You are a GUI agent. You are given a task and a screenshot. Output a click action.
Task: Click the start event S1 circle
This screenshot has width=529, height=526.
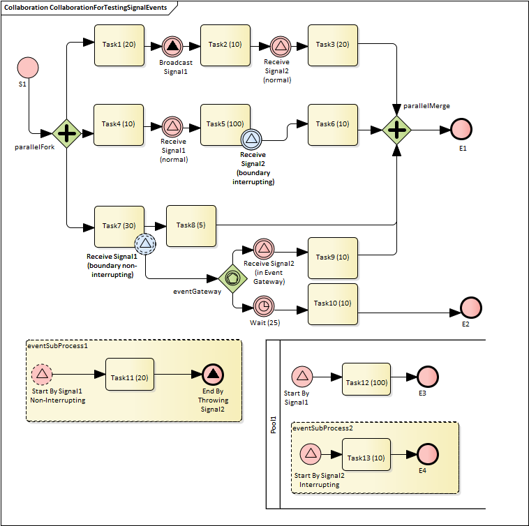27,68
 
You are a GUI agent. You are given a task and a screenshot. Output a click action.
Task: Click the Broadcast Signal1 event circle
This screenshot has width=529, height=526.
172,47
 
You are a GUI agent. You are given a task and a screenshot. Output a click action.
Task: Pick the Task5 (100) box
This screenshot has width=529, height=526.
225,124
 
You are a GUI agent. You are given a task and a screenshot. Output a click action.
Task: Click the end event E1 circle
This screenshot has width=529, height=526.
461,130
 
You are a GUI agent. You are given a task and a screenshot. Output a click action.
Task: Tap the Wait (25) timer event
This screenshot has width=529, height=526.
264,306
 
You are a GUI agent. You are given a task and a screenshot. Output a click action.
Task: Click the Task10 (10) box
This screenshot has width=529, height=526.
333,303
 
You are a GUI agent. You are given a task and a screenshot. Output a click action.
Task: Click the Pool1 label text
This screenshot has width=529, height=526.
274,426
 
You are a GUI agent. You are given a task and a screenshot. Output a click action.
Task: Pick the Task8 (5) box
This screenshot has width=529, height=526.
191,225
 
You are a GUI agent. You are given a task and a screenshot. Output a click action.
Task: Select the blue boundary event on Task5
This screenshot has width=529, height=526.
251,140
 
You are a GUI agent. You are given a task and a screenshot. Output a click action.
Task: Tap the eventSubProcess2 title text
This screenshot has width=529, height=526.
322,428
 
